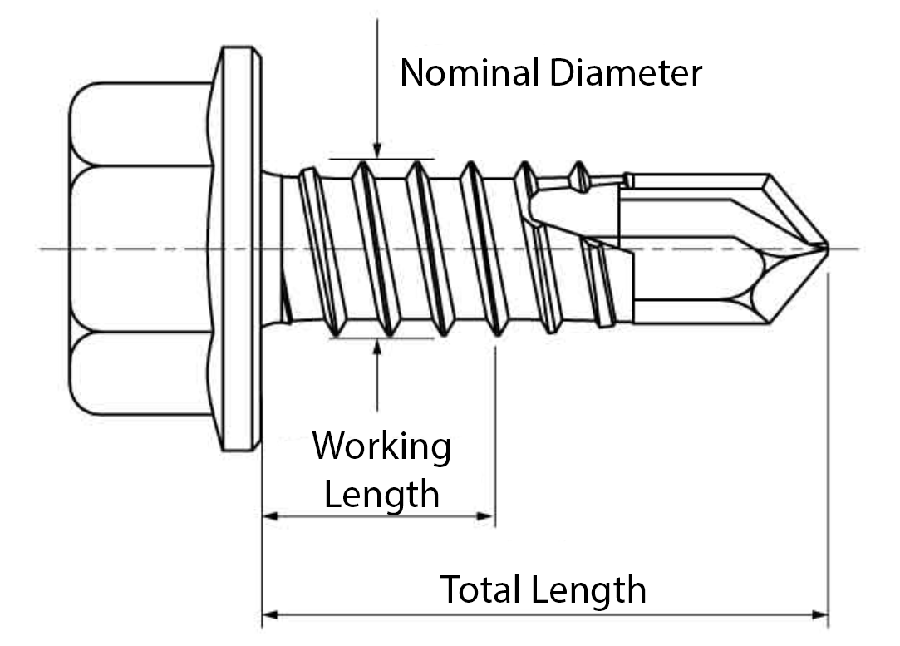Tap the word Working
coord(381,447)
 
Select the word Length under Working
coord(381,495)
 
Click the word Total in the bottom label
coord(481,590)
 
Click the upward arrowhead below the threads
coord(377,345)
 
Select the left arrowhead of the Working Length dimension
coord(268,516)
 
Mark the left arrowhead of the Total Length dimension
coord(268,616)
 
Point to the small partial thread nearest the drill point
coord(579,177)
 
